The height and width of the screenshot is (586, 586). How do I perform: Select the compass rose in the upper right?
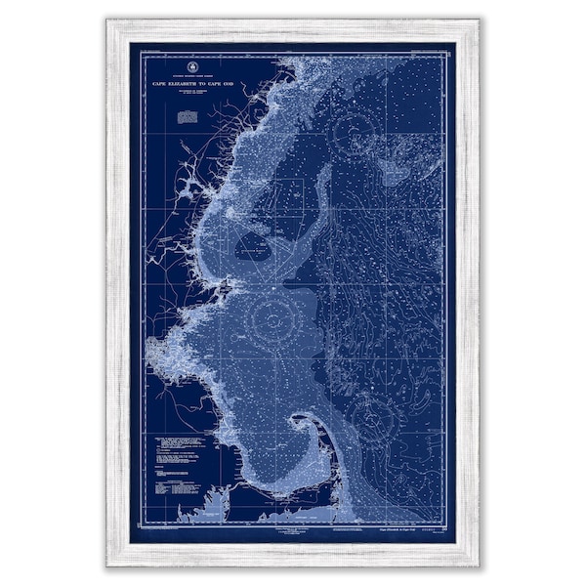point(353,132)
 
